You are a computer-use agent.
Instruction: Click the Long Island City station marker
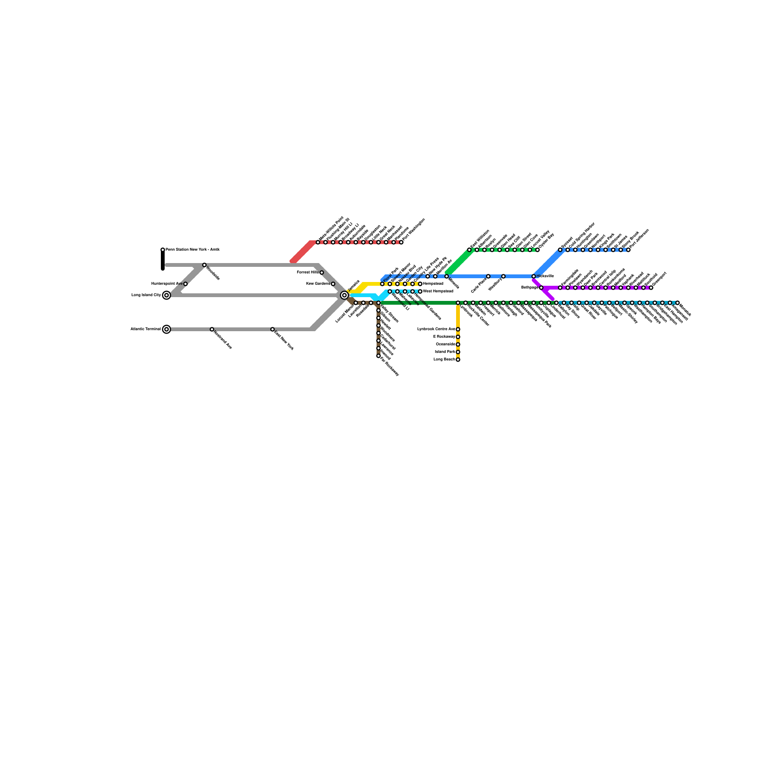tap(167, 295)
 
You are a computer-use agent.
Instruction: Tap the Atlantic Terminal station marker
tap(167, 329)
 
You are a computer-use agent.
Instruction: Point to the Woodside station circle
tap(204, 265)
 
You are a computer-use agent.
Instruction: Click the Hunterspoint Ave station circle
tap(185, 284)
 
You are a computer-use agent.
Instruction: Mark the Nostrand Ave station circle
tap(212, 329)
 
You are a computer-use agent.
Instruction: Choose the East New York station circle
tap(273, 329)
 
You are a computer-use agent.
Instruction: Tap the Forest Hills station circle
tap(322, 273)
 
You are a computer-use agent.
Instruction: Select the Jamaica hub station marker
tap(344, 295)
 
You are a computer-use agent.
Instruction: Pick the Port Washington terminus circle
tap(401, 242)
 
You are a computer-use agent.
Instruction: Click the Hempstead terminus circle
tap(420, 284)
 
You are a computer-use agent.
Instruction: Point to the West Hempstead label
tap(438, 291)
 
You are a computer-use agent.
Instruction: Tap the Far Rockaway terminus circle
tap(378, 356)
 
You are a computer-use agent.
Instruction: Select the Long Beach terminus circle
tap(458, 360)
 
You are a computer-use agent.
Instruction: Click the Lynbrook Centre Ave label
tap(436, 329)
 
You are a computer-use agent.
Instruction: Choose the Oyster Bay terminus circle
tap(537, 250)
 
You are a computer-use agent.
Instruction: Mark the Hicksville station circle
tap(534, 276)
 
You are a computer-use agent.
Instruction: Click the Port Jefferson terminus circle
tap(628, 250)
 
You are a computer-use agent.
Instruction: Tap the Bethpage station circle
tap(541, 288)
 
